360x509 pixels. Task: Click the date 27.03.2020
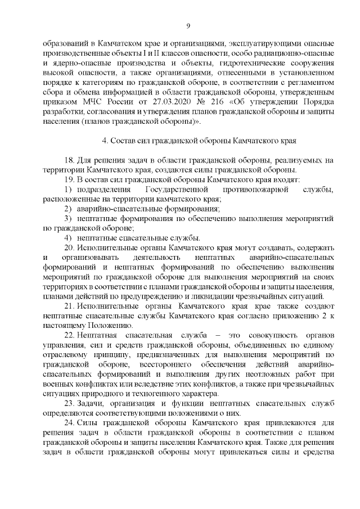(x=174, y=103)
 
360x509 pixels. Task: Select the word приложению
(x=292, y=316)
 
